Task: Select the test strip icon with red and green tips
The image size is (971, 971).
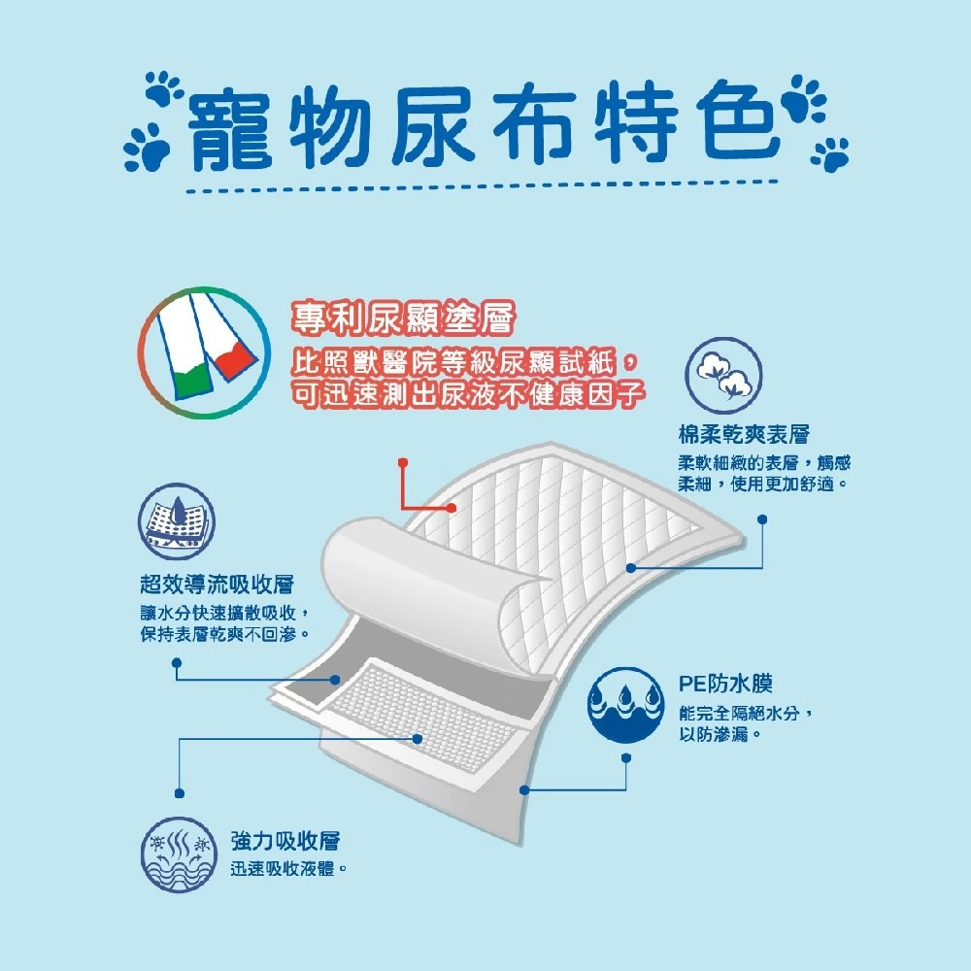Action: coord(201,352)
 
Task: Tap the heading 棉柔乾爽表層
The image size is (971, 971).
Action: coord(743,434)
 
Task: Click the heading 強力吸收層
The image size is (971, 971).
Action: coord(285,841)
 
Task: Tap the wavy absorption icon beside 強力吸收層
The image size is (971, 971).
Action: coord(177,855)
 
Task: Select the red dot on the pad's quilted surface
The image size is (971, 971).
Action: coord(452,507)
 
